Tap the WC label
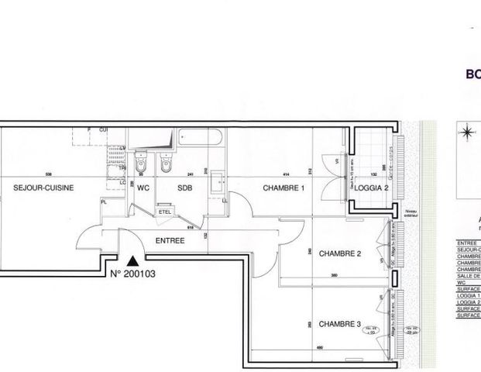pyautogui.click(x=143, y=188)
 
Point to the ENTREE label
pyautogui.click(x=170, y=240)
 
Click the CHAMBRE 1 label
pyautogui.click(x=283, y=188)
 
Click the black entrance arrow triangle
pyautogui.click(x=133, y=263)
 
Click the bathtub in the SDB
pyautogui.click(x=201, y=139)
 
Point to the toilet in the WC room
pyautogui.click(x=139, y=164)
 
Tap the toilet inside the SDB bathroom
pyautogui.click(x=165, y=164)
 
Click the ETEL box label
pyautogui.click(x=165, y=211)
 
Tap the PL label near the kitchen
pyautogui.click(x=104, y=201)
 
